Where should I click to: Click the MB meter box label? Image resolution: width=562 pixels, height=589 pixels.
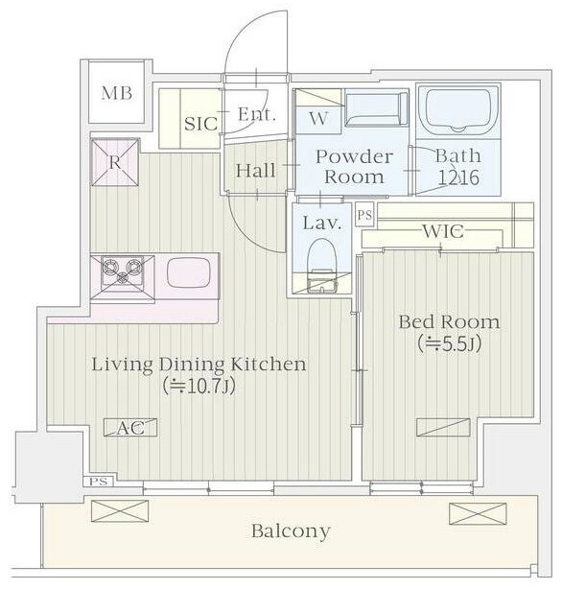(x=116, y=93)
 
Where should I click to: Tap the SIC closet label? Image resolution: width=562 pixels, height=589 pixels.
(x=200, y=124)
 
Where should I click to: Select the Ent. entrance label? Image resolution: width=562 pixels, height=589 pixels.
(x=257, y=114)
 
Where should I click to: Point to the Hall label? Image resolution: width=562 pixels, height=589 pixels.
(x=255, y=171)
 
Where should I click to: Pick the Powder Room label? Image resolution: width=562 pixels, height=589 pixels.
(x=354, y=167)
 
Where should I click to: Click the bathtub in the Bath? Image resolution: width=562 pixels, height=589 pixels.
(x=458, y=110)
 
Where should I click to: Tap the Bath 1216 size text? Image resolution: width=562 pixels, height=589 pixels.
(x=458, y=178)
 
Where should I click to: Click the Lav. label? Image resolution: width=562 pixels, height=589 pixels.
(x=322, y=224)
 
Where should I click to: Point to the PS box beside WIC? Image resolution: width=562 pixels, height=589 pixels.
(x=364, y=215)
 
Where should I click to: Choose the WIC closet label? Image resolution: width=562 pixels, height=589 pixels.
(x=443, y=231)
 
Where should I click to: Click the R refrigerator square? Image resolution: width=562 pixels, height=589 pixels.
(x=115, y=162)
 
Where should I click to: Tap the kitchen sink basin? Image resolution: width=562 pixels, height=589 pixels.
(x=188, y=272)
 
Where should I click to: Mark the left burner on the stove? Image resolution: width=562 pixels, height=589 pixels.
(x=110, y=267)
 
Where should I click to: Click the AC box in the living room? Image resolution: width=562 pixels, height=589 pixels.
(x=130, y=428)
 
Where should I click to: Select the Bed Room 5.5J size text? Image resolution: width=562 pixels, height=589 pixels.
(x=449, y=343)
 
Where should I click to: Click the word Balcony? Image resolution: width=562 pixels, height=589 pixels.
(x=291, y=531)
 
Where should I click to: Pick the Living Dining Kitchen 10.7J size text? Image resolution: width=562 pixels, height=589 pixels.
(x=199, y=387)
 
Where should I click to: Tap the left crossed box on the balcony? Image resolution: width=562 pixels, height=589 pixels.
(x=120, y=510)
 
